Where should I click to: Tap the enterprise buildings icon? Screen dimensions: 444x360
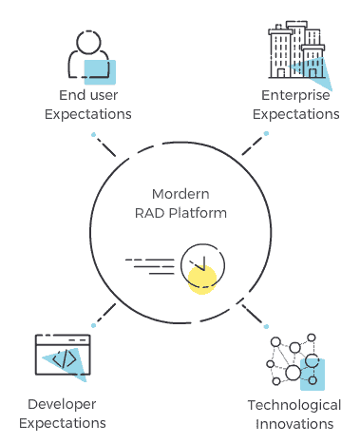pos(294,52)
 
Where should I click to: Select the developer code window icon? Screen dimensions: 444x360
pos(62,357)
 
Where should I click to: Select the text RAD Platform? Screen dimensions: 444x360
pos(180,213)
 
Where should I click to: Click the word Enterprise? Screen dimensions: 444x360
pos(295,95)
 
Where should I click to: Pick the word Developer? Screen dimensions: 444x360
pos(62,403)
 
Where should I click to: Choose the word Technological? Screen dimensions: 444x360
pos(294,403)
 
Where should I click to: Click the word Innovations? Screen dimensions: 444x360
pos(294,423)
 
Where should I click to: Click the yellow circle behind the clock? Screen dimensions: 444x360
pos(201,278)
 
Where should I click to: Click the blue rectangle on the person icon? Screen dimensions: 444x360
pos(100,68)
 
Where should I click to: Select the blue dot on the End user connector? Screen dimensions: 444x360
pos(93,134)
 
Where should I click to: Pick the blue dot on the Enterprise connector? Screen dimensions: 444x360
pos(266,133)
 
